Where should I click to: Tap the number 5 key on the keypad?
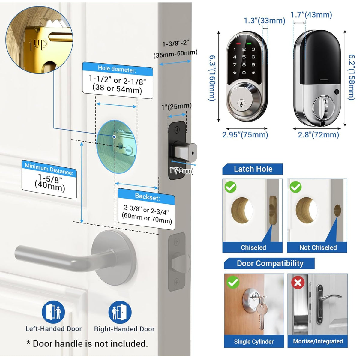(x=244, y=57)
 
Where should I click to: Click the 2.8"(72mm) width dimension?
(x=318, y=135)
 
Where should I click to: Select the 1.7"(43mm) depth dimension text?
(x=311, y=15)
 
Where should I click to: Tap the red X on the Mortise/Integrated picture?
(x=298, y=283)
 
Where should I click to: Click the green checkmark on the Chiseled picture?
(x=230, y=187)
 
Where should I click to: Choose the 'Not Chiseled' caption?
(x=318, y=247)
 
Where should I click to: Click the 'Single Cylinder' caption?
(x=253, y=341)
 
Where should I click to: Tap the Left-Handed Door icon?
(x=53, y=312)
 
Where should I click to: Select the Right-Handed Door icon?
(x=120, y=312)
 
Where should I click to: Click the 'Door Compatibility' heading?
(x=270, y=263)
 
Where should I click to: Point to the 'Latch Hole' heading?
(x=253, y=169)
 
